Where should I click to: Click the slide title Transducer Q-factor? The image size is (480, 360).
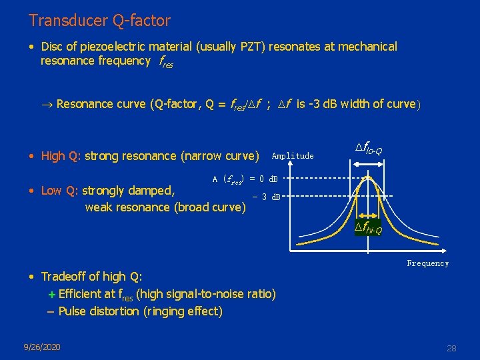[x=99, y=21]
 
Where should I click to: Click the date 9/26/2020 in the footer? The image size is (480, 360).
[x=41, y=347]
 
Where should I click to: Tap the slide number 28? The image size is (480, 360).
[x=451, y=348]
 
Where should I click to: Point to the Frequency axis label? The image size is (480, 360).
[x=427, y=263]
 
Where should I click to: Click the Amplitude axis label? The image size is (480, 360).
[x=292, y=156]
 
